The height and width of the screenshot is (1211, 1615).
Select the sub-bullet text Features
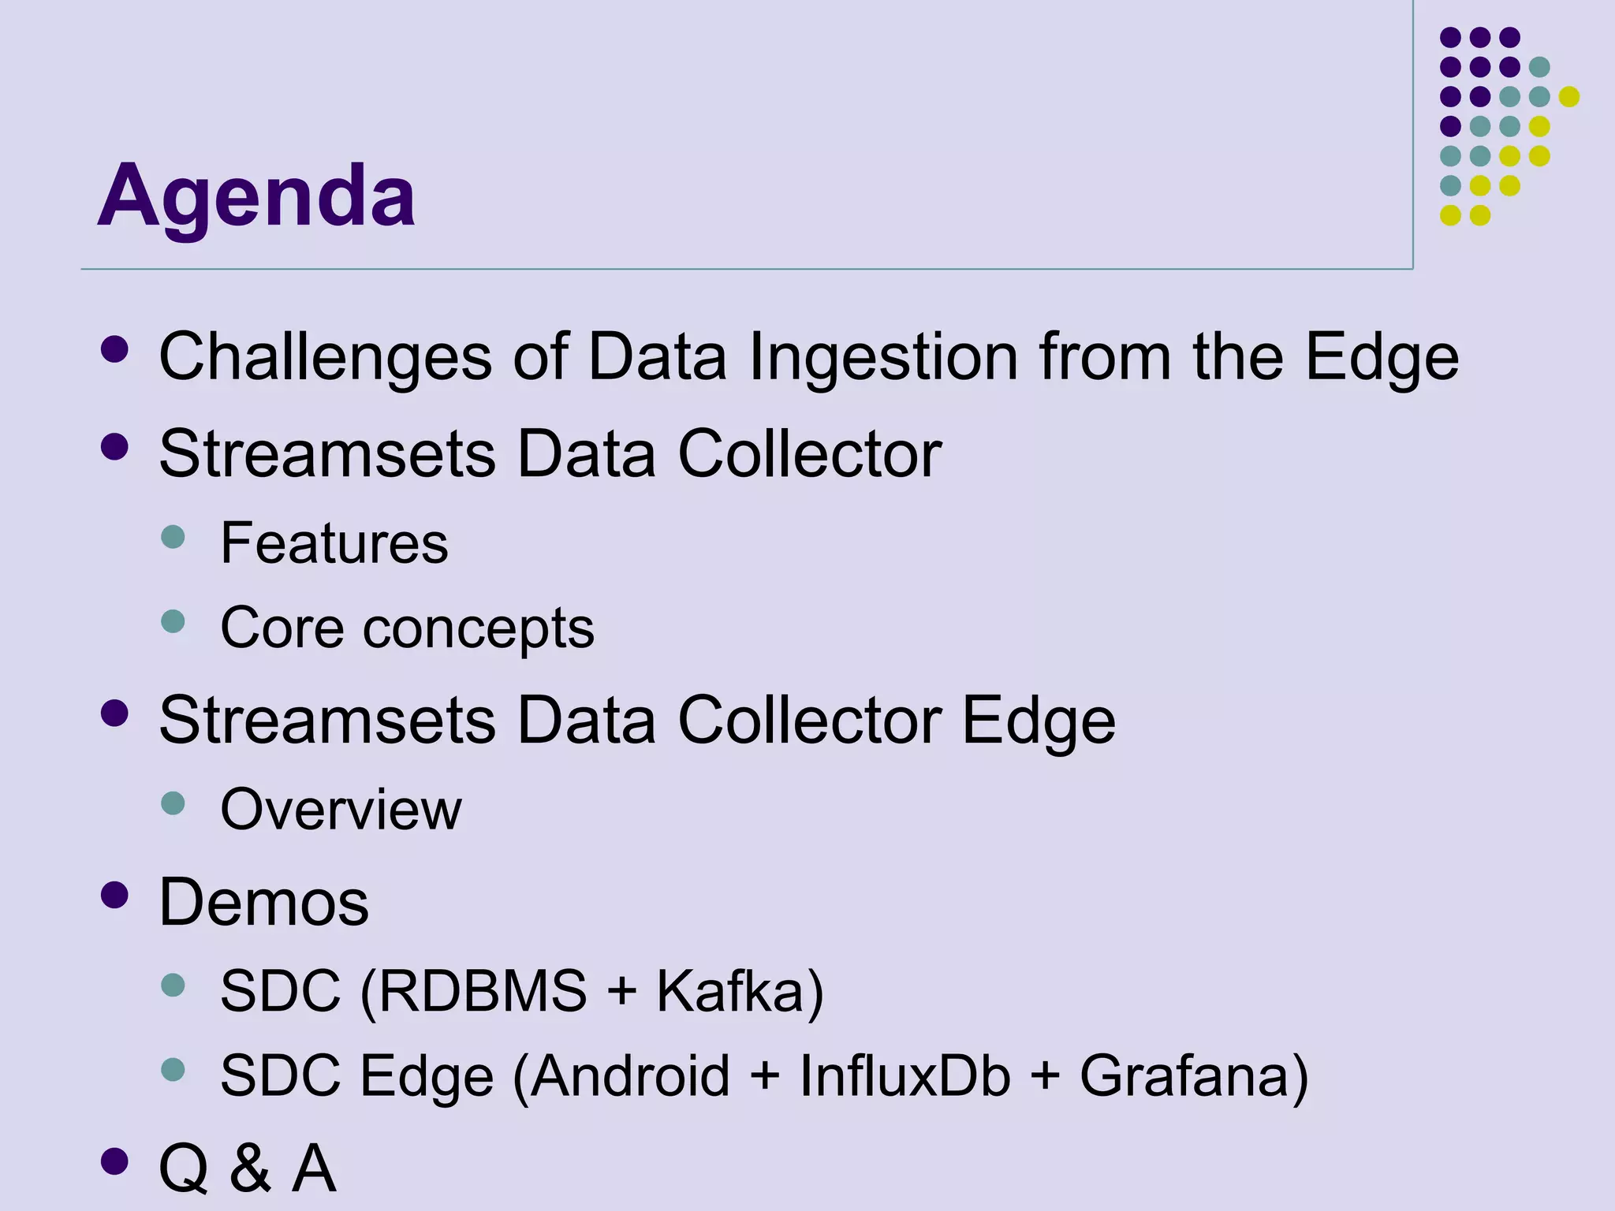pyautogui.click(x=334, y=543)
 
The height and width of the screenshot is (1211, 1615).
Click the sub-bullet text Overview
pyautogui.click(x=341, y=810)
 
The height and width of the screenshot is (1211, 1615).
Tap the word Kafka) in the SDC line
pyautogui.click(x=740, y=991)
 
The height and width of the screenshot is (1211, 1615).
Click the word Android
pyautogui.click(x=629, y=1076)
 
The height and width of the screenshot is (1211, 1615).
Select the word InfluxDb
pyautogui.click(x=904, y=1076)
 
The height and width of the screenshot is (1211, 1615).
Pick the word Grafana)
pyautogui.click(x=1193, y=1076)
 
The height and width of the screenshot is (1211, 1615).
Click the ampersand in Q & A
pyautogui.click(x=250, y=1168)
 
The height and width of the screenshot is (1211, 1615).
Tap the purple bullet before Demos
pyautogui.click(x=115, y=895)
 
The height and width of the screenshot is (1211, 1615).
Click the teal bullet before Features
pyautogui.click(x=173, y=537)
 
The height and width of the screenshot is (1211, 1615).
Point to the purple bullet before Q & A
pyautogui.click(x=115, y=1161)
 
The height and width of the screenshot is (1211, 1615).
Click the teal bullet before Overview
pyautogui.click(x=173, y=803)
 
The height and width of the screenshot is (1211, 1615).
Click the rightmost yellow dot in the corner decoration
pyautogui.click(x=1569, y=96)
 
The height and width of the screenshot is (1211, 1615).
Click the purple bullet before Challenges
pyautogui.click(x=115, y=349)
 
